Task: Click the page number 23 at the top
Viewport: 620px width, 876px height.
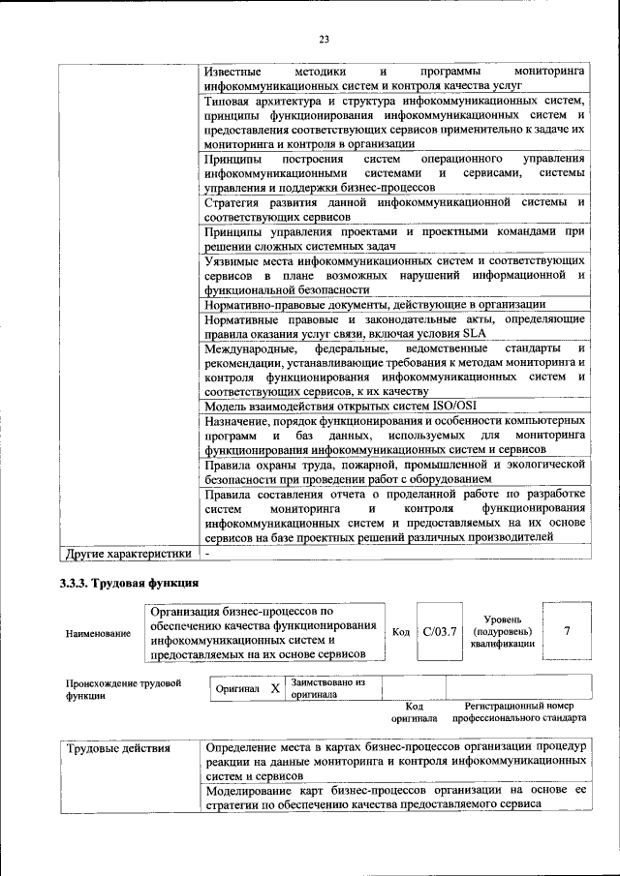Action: click(324, 39)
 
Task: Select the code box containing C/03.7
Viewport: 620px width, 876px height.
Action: click(439, 631)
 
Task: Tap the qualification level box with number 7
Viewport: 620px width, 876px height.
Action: click(566, 631)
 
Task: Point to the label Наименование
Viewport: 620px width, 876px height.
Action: click(98, 633)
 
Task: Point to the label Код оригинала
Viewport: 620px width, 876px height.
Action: click(414, 712)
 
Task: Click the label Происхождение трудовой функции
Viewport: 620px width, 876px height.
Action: click(124, 688)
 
